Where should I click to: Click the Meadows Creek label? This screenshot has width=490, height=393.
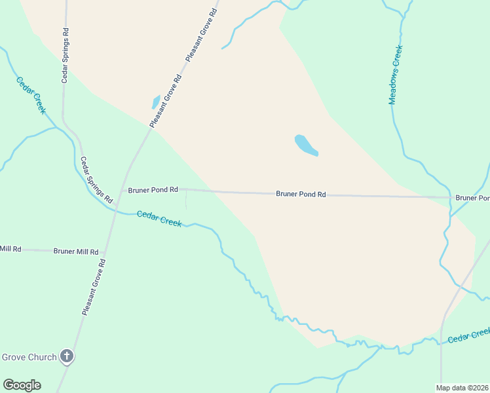pyautogui.click(x=396, y=75)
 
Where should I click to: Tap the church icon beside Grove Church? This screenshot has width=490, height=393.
pyautogui.click(x=66, y=357)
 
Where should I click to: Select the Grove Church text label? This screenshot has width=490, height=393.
pyautogui.click(x=29, y=358)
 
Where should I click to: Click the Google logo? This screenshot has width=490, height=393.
pyautogui.click(x=22, y=385)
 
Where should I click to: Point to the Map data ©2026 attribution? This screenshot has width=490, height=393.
pyautogui.click(x=462, y=388)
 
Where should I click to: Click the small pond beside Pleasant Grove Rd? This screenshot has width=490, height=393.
pyautogui.click(x=156, y=102)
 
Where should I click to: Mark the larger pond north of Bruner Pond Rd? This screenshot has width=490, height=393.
pyautogui.click(x=305, y=145)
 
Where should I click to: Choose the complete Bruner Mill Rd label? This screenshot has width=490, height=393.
pyautogui.click(x=76, y=252)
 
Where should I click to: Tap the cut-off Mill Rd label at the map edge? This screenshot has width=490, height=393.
pyautogui.click(x=10, y=249)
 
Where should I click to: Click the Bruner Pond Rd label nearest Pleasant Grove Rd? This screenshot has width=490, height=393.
pyautogui.click(x=153, y=190)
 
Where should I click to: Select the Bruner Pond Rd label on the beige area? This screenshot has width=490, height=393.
pyautogui.click(x=301, y=194)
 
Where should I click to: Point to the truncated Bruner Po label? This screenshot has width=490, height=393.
pyautogui.click(x=472, y=198)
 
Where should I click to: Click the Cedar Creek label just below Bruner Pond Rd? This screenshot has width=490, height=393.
pyautogui.click(x=159, y=219)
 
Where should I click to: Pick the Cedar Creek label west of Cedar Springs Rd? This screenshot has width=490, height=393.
pyautogui.click(x=31, y=94)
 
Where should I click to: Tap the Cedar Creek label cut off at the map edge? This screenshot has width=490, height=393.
pyautogui.click(x=468, y=336)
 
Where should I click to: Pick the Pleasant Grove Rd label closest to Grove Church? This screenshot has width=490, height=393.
pyautogui.click(x=94, y=287)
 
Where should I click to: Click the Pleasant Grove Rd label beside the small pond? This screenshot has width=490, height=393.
pyautogui.click(x=165, y=101)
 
